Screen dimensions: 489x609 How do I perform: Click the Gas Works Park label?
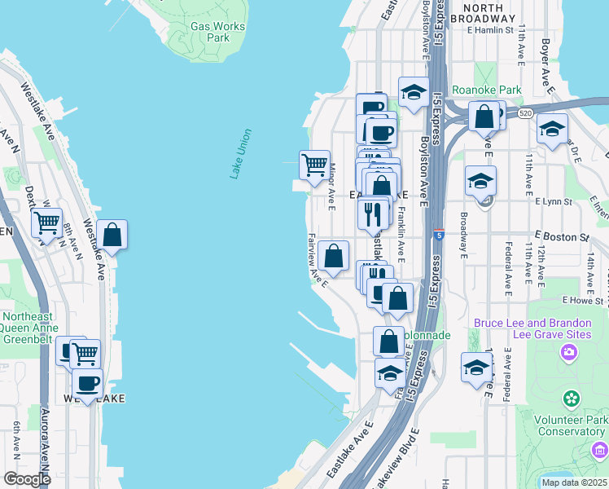tap(217, 32)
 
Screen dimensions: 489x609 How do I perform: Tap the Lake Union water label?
tap(240, 154)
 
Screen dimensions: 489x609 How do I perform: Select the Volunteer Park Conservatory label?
tap(567, 425)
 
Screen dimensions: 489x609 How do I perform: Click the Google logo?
tap(26, 478)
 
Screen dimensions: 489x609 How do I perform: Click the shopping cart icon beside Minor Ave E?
tap(314, 165)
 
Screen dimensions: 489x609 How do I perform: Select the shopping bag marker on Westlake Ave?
tap(112, 236)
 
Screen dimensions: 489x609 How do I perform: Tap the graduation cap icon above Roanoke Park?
tap(414, 93)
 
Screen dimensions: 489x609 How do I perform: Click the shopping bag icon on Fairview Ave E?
tap(334, 257)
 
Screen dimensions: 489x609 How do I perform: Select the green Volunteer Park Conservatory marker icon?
tap(572, 399)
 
